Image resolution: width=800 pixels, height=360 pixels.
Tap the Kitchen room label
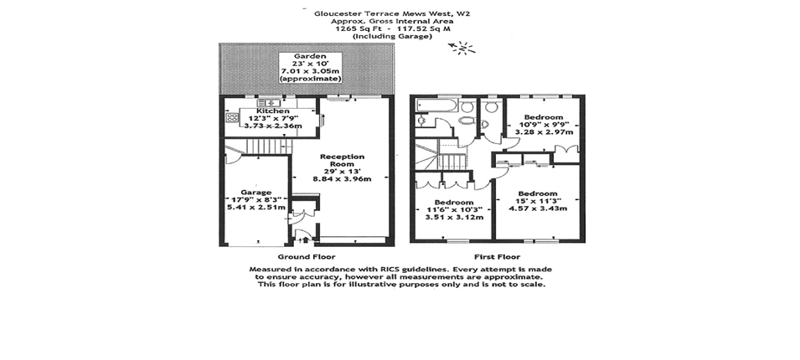pyautogui.click(x=273, y=111)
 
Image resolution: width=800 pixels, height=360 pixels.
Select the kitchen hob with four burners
pyautogui.click(x=233, y=118)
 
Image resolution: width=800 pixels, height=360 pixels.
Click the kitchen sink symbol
pyautogui.click(x=268, y=103)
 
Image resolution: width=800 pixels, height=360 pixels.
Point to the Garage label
pyautogui.click(x=256, y=193)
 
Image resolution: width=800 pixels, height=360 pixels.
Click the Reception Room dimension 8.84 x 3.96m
pyautogui.click(x=342, y=179)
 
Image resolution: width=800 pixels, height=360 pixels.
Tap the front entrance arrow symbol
pyautogui.click(x=306, y=239)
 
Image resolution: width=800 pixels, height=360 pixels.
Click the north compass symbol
pyautogui.click(x=462, y=49)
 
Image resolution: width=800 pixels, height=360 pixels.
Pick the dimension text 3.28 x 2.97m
pyautogui.click(x=544, y=132)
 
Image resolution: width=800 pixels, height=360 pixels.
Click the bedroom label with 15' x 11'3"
pyautogui.click(x=538, y=193)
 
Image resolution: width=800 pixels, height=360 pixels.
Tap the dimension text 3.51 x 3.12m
pyautogui.click(x=455, y=217)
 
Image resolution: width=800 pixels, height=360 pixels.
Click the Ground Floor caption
pyautogui.click(x=306, y=256)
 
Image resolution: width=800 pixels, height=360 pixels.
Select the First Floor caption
pyautogui.click(x=498, y=256)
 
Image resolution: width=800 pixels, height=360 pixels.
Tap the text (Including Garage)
pyautogui.click(x=392, y=36)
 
